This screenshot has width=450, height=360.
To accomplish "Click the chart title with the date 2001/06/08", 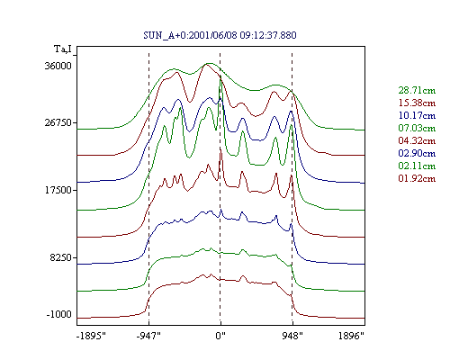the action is pyautogui.click(x=220, y=35).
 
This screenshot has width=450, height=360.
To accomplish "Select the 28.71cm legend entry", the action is pyautogui.click(x=417, y=90).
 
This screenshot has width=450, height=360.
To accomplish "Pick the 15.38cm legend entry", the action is pyautogui.click(x=417, y=103).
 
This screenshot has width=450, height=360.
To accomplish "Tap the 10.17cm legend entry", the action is pyautogui.click(x=417, y=115).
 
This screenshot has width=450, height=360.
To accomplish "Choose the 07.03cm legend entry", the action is pyautogui.click(x=417, y=128).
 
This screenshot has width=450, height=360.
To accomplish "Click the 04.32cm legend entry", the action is pyautogui.click(x=417, y=140).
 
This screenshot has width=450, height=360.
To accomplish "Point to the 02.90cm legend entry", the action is pyautogui.click(x=417, y=153).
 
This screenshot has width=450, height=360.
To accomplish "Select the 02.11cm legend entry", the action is pyautogui.click(x=417, y=166).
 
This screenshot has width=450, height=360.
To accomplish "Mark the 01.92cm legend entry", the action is pyautogui.click(x=417, y=178).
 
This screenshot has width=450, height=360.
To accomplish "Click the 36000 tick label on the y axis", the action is pyautogui.click(x=58, y=66).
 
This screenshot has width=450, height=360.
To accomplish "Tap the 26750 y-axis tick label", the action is pyautogui.click(x=58, y=122).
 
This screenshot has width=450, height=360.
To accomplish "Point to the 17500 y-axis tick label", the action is pyautogui.click(x=58, y=190).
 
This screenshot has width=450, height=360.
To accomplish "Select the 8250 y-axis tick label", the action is pyautogui.click(x=61, y=257).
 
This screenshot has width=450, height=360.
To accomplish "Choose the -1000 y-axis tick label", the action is pyautogui.click(x=59, y=314).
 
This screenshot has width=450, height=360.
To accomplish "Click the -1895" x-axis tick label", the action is pyautogui.click(x=91, y=336).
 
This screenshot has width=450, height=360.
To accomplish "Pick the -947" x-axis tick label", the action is pyautogui.click(x=148, y=336).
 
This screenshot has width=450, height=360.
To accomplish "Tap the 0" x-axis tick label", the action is pyautogui.click(x=220, y=336).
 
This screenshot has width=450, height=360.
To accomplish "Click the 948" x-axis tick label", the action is pyautogui.click(x=292, y=336).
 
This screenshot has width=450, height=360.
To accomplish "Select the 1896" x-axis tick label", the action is pyautogui.click(x=351, y=336).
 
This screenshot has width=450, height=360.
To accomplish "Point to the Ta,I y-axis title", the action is pyautogui.click(x=63, y=49).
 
